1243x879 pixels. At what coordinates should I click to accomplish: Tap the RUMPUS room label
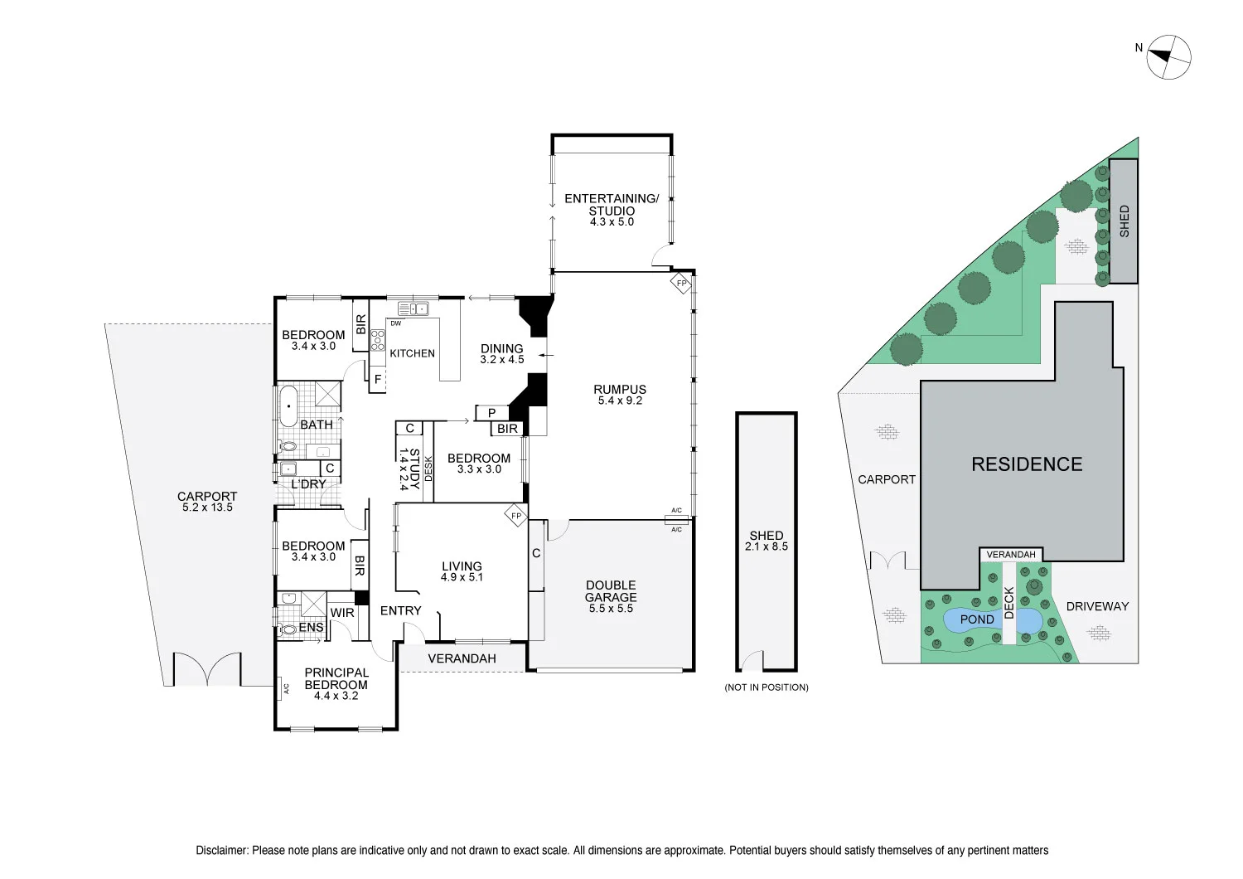(x=619, y=390)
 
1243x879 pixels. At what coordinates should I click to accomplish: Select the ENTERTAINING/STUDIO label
(x=612, y=205)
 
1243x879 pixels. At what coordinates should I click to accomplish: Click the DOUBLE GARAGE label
(x=611, y=591)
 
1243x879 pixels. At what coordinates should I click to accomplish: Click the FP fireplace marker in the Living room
(x=516, y=516)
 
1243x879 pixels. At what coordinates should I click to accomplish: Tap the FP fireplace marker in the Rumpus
(x=681, y=284)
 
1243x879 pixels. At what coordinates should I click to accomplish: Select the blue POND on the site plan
(x=977, y=619)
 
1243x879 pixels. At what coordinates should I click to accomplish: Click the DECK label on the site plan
(x=1009, y=603)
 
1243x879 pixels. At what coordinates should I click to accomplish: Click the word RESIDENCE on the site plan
(x=1027, y=464)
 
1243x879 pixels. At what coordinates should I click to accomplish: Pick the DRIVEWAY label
(x=1097, y=606)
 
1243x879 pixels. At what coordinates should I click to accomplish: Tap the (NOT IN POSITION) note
(x=766, y=687)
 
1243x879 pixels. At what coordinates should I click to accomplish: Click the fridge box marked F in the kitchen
(x=378, y=380)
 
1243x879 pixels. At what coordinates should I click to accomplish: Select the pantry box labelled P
(x=491, y=413)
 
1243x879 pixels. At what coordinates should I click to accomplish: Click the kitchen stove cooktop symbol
(x=377, y=340)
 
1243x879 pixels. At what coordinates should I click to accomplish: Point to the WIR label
(x=342, y=613)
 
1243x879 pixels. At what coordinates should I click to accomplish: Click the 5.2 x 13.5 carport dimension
(x=207, y=507)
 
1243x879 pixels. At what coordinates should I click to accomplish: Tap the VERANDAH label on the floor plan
(x=462, y=658)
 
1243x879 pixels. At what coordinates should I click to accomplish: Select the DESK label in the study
(x=428, y=469)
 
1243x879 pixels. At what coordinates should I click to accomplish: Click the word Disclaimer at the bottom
(x=221, y=850)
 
